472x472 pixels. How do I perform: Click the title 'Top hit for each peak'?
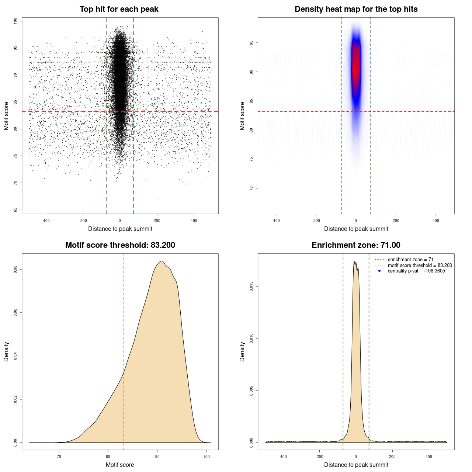click(119, 9)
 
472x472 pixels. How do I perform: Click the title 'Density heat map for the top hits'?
click(356, 9)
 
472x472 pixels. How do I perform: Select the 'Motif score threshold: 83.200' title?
click(120, 245)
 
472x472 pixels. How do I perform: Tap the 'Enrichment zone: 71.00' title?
click(356, 245)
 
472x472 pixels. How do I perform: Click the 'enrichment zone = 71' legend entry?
click(410, 260)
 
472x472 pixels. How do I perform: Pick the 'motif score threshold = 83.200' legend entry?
click(420, 265)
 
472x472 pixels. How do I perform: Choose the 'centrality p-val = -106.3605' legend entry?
click(416, 271)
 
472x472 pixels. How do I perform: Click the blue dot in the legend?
click(379, 271)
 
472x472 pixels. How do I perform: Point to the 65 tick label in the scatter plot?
click(15, 210)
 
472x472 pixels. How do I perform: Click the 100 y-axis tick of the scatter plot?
click(15, 21)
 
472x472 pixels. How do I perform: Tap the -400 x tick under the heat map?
click(276, 221)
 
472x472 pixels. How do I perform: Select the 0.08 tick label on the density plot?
click(15, 270)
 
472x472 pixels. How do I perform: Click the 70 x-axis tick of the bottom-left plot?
click(59, 457)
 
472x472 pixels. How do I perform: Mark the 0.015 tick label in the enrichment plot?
click(251, 286)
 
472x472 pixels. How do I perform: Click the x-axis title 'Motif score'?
click(120, 465)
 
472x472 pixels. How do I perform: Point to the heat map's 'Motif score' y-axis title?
click(242, 116)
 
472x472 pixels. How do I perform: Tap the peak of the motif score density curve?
click(161, 261)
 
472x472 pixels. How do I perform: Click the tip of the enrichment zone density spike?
click(354, 261)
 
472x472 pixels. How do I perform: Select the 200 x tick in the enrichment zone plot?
click(392, 457)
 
